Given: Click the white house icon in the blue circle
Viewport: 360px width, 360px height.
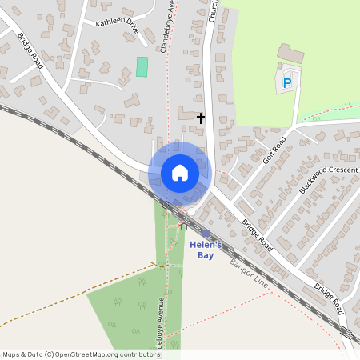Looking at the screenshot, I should click(180, 173).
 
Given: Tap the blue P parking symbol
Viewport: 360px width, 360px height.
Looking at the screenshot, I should click(288, 82).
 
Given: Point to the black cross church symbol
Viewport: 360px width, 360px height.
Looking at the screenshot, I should click(200, 118).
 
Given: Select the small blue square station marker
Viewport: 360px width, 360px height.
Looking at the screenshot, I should click(206, 233).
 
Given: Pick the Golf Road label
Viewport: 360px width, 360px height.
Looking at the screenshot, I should click(274, 150).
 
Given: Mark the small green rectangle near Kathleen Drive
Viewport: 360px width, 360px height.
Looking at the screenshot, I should click(142, 66).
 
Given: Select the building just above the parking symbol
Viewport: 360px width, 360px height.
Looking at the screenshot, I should click(290, 54).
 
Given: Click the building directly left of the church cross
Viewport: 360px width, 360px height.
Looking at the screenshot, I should click(186, 116).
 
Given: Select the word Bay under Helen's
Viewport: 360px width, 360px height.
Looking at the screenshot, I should click(206, 255).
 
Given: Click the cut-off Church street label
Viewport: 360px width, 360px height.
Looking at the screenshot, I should click(214, 10).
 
